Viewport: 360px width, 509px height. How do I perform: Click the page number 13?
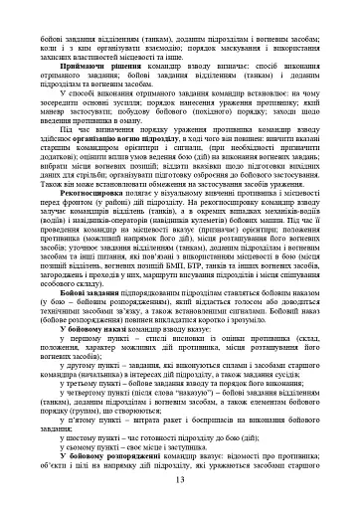point(180,481)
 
